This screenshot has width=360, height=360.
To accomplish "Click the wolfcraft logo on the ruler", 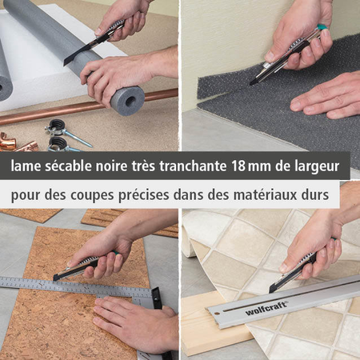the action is [x=266, y=308].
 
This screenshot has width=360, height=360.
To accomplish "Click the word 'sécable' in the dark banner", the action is [x=68, y=166].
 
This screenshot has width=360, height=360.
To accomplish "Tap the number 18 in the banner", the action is [x=238, y=166].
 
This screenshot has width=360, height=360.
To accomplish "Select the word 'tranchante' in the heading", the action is [x=193, y=166].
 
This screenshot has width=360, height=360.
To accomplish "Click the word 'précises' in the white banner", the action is [x=143, y=195].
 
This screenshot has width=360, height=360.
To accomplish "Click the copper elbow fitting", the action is [x=8, y=142].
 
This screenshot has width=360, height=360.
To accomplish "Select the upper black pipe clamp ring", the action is [x=57, y=125].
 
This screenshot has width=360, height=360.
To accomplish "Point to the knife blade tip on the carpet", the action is [x=250, y=84].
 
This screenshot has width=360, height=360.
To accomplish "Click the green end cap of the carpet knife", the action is [x=322, y=27].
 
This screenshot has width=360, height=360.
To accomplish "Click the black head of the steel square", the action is [x=158, y=298].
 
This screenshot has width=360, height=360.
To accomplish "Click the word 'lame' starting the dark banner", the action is [x=26, y=166].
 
